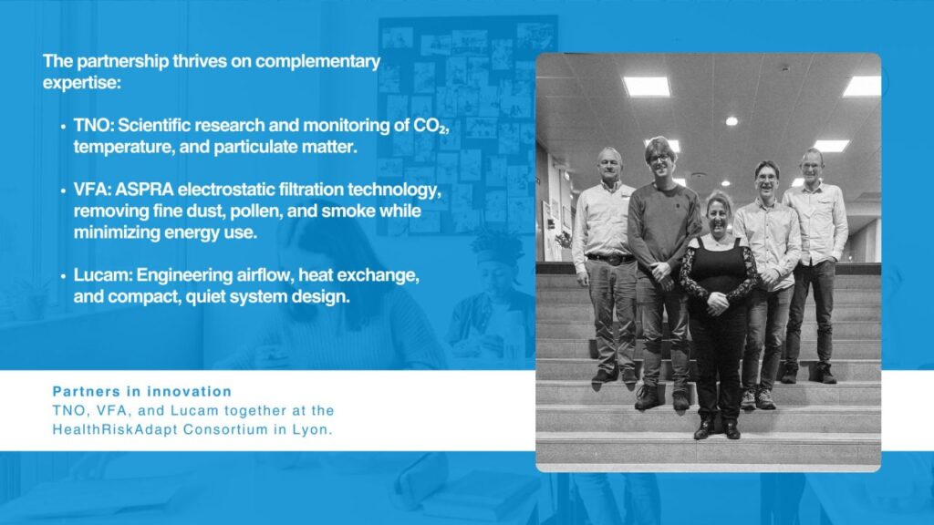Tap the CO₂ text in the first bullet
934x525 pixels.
[x=430, y=126]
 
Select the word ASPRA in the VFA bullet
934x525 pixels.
[x=144, y=190]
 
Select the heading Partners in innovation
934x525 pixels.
[x=141, y=392]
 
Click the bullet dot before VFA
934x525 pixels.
[x=63, y=191]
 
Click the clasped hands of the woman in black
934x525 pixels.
[x=718, y=303]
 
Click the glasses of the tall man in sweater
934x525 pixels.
[x=659, y=158]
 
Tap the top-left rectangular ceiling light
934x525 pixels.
[x=647, y=87]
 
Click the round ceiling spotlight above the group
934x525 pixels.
[x=732, y=121]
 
